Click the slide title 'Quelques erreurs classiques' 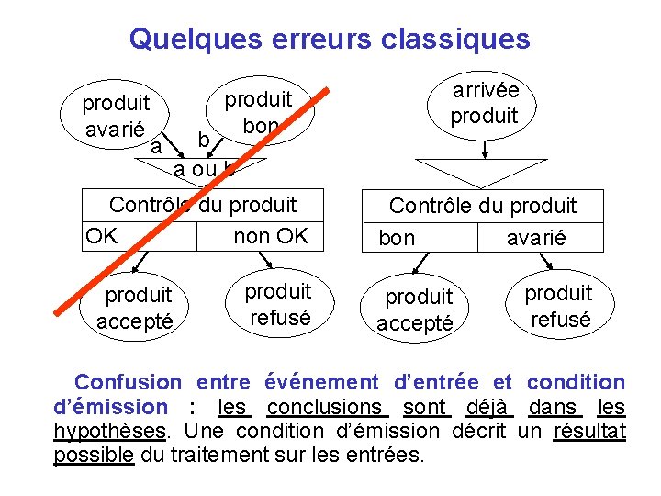[x=330, y=39]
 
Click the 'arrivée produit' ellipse [x=484, y=103]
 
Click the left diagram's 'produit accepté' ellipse [x=139, y=307]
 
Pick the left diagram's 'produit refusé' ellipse [x=278, y=304]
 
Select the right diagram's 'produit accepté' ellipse [x=419, y=310]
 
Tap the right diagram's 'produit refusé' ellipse [x=558, y=306]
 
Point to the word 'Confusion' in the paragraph [x=129, y=382]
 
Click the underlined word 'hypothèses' [x=110, y=431]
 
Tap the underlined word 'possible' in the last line [x=94, y=455]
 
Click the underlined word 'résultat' [x=589, y=431]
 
